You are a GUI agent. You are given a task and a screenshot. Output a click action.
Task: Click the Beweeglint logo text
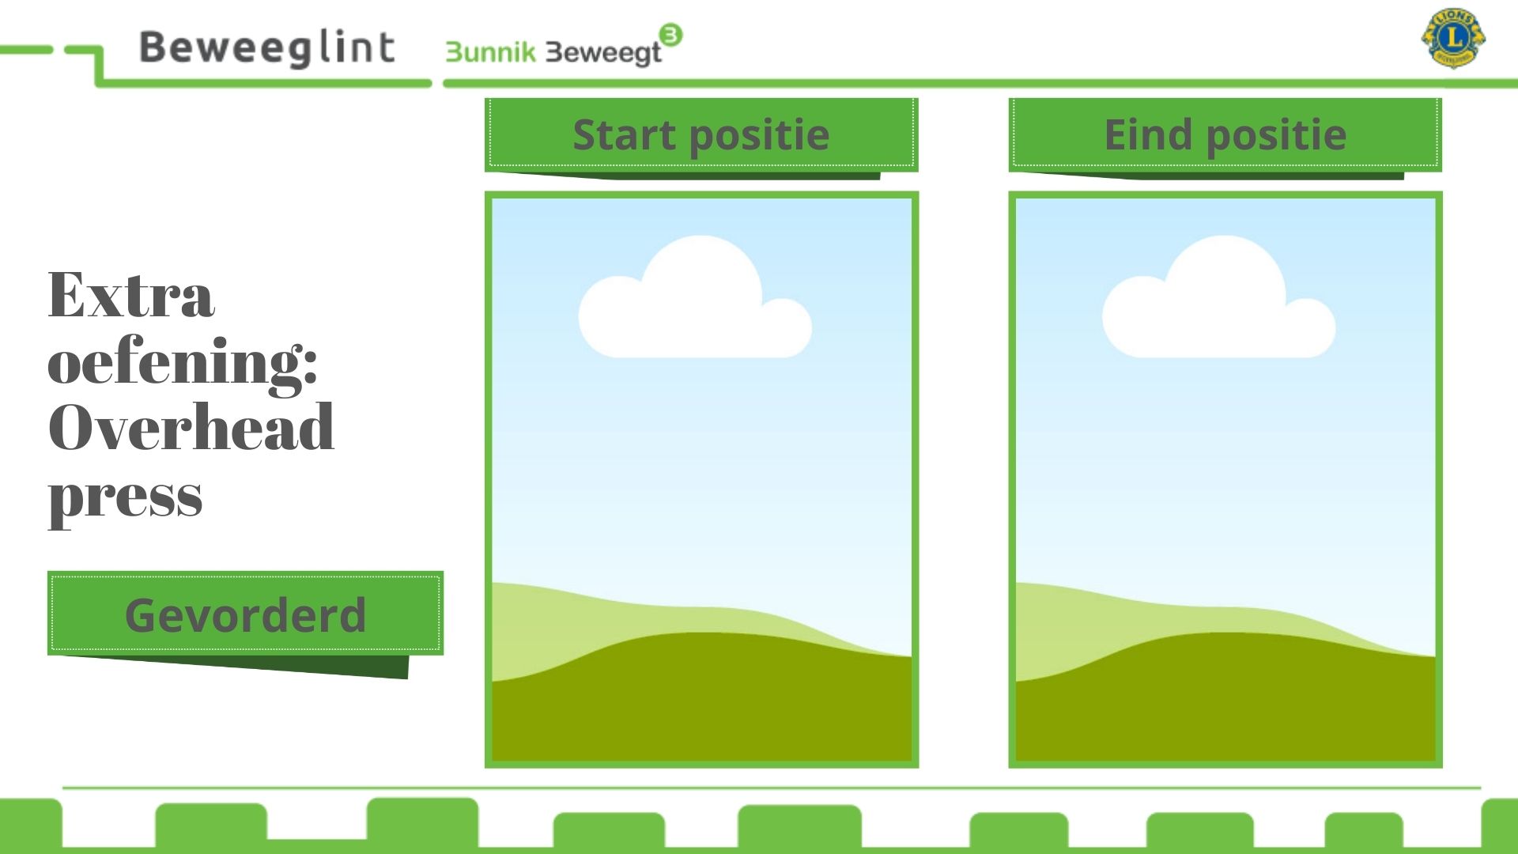[x=266, y=48]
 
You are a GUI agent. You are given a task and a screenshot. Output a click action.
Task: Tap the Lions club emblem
[x=1453, y=38]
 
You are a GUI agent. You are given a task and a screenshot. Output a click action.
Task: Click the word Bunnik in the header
[x=491, y=52]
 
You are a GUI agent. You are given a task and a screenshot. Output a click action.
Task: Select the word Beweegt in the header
[x=604, y=53]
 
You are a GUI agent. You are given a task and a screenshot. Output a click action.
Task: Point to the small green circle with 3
[x=670, y=35]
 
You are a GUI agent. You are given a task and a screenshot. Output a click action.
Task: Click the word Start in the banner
[x=625, y=134]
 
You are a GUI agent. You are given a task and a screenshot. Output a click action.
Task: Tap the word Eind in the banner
[x=1148, y=134]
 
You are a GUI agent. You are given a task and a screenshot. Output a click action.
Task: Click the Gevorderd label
[x=246, y=615]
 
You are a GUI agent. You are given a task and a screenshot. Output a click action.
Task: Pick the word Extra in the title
[x=131, y=294]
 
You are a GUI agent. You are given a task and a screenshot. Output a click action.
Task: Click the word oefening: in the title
[x=183, y=362]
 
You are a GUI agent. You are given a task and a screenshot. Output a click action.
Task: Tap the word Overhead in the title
[x=191, y=427]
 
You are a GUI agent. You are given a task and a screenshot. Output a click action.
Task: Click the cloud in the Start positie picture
[x=695, y=297]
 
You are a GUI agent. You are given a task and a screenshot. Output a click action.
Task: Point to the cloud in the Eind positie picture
[x=1219, y=297]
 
